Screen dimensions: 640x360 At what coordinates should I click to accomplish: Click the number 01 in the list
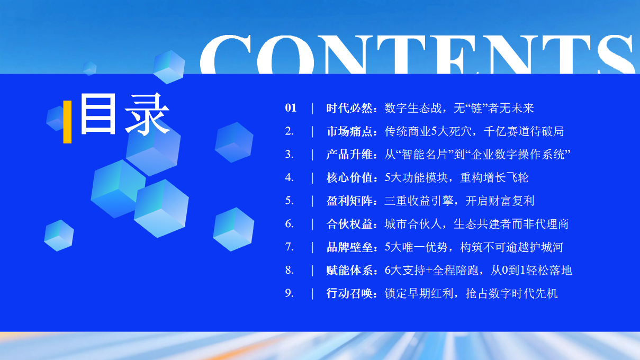pos(291,108)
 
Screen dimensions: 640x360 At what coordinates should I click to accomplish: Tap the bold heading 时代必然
pos(349,109)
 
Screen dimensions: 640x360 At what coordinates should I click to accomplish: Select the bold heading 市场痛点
pos(349,131)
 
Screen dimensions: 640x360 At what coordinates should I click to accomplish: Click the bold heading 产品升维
pos(349,155)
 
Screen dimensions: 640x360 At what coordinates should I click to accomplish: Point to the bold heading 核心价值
pos(349,178)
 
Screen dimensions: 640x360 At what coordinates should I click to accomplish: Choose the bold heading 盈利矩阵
pos(349,201)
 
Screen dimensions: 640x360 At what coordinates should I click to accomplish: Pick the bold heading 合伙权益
pos(349,224)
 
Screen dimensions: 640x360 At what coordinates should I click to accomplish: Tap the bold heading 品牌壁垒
pos(349,247)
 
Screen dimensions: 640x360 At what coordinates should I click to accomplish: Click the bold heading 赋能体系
pos(349,271)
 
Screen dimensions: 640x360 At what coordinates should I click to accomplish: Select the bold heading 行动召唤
pos(349,293)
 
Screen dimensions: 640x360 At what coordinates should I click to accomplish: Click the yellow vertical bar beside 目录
pos(67,122)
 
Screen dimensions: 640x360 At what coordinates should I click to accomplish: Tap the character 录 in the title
pos(147,114)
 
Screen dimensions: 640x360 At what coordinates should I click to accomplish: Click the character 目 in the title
pos(98,114)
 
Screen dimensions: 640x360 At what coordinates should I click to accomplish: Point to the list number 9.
pos(289,293)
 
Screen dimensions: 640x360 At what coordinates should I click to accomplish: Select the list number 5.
pos(289,201)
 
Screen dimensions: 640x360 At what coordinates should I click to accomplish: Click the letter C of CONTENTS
pos(226,55)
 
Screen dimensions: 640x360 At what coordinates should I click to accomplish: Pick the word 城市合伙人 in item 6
pos(413,224)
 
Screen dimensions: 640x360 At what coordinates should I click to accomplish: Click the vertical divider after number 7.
pos(312,247)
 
